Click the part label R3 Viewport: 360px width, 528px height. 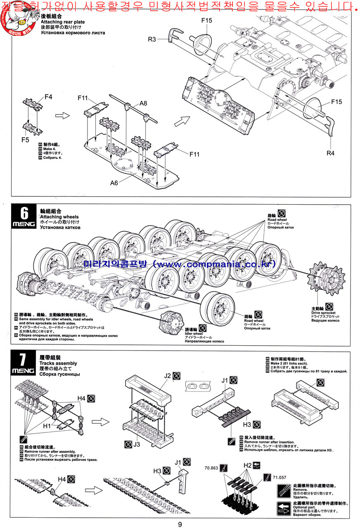152,39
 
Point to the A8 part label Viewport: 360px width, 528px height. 143,103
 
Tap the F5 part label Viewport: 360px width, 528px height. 25,140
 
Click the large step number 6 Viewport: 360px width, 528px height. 25,214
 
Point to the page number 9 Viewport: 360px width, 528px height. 180,524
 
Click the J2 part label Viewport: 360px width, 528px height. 167,375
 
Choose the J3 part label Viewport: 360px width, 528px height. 137,444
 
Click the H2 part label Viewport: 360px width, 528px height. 247,465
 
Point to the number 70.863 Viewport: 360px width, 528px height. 211,468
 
